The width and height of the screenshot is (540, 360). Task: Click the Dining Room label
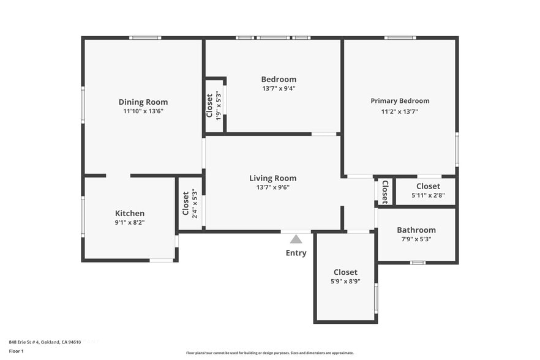tap(143, 102)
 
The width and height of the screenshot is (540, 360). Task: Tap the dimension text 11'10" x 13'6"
tap(143, 111)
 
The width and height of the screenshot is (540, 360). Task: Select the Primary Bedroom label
tap(400, 101)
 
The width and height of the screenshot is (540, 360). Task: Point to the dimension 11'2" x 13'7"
tap(399, 111)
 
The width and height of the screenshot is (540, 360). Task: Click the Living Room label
tap(273, 178)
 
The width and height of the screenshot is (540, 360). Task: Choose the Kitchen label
tap(130, 213)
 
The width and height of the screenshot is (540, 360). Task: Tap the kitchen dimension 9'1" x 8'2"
tap(130, 222)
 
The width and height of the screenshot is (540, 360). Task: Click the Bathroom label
tap(416, 230)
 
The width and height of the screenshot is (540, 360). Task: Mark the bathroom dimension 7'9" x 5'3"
tap(416, 239)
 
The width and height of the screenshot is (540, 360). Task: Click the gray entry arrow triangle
tap(296, 239)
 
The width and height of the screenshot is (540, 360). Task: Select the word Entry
tap(296, 253)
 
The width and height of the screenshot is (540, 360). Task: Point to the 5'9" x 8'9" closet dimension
tap(345, 281)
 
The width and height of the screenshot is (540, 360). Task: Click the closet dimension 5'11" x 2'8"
tap(428, 195)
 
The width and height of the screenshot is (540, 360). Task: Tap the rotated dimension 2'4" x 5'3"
tap(195, 203)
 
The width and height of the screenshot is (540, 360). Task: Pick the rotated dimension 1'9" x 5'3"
tap(218, 105)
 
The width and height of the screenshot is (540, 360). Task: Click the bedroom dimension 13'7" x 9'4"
tap(279, 88)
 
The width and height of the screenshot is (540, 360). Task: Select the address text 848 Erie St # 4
tap(24, 342)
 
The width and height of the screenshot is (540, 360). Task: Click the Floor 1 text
tap(16, 351)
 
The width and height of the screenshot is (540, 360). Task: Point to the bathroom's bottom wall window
tap(418, 263)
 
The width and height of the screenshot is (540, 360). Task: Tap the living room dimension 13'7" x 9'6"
tap(273, 187)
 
